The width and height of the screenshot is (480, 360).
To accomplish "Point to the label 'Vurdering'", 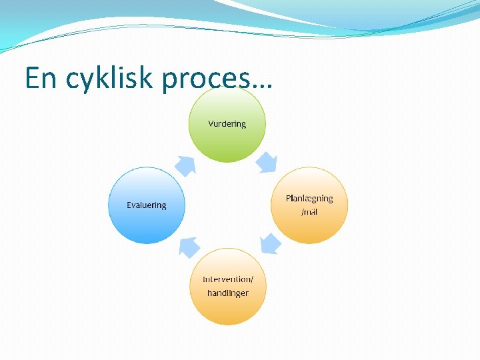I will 227,124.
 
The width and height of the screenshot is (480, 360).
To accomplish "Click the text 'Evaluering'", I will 147,205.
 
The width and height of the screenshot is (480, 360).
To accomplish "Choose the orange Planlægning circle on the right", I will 309,223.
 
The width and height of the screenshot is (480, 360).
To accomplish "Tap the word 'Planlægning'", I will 309,199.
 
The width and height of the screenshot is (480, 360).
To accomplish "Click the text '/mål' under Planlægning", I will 309,212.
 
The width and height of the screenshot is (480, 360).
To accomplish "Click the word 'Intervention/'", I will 228,279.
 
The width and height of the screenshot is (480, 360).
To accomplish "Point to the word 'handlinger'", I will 228,293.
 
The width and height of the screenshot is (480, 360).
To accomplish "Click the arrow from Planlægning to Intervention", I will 270,244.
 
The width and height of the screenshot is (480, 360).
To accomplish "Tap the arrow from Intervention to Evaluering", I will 189,247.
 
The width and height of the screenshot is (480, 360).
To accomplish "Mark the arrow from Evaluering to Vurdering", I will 185,165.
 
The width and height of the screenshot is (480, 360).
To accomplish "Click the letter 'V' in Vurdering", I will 211,124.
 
